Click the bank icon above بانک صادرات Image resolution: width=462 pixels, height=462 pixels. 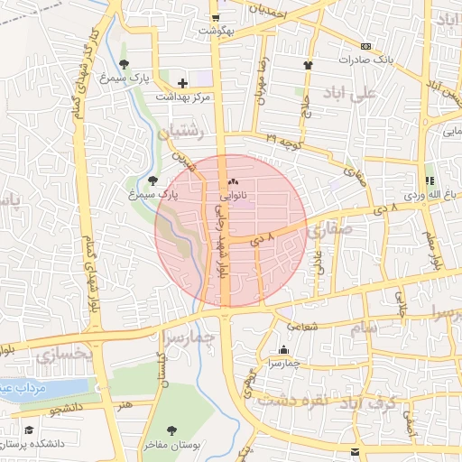coord(365,46)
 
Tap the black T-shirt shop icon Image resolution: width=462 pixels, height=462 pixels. coord(308,65)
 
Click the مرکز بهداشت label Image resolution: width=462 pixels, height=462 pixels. coord(182,97)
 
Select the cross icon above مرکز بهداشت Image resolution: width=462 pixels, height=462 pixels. coord(182,83)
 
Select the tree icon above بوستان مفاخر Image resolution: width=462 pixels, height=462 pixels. coord(171,430)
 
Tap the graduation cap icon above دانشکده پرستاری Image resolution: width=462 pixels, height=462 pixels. coord(29,430)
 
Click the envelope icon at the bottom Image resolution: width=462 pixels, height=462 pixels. coord(355,450)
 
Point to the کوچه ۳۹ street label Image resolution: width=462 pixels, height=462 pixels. coord(285,137)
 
